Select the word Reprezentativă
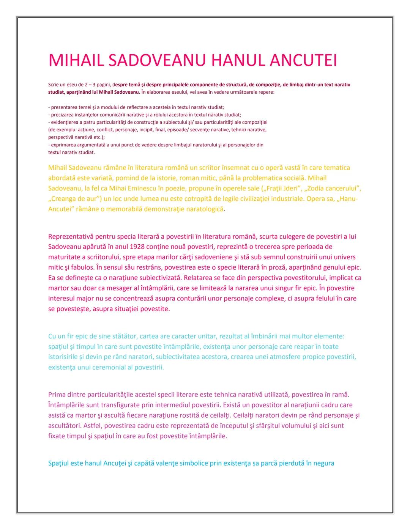pyautogui.click(x=71, y=236)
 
